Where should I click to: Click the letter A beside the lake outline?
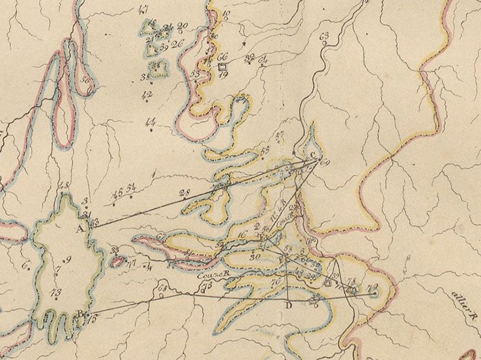click(80, 228)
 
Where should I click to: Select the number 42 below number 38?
click(147, 95)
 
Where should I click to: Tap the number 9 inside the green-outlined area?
click(68, 260)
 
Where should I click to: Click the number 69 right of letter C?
click(326, 163)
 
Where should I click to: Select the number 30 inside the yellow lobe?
click(254, 257)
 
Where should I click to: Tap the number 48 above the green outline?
click(65, 185)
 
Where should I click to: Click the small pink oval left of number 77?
click(118, 261)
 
